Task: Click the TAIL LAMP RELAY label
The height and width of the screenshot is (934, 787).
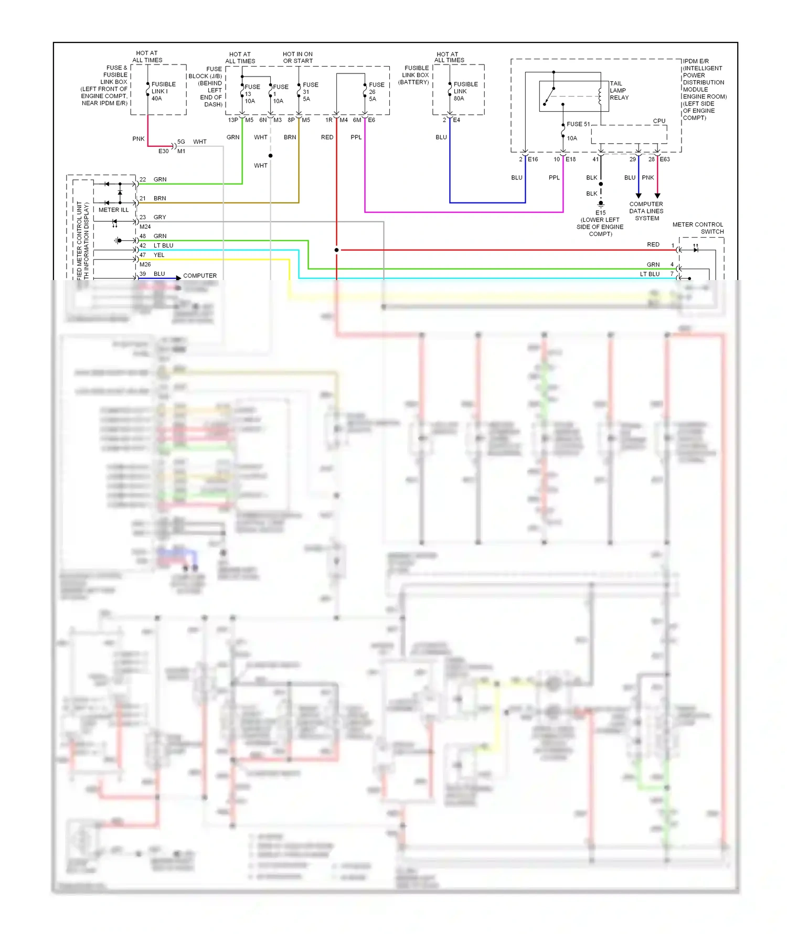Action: [619, 91]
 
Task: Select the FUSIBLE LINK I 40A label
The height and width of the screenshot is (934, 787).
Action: [163, 91]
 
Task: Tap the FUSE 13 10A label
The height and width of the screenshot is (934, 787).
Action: [251, 94]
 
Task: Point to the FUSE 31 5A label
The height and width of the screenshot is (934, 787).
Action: [310, 92]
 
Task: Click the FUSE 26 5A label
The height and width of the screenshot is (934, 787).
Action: [376, 92]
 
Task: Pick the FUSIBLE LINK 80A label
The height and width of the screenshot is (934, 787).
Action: [465, 91]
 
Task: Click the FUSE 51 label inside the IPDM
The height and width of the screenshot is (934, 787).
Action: [578, 124]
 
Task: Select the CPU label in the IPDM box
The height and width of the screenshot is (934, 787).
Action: [659, 121]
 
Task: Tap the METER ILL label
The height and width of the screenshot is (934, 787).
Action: [113, 210]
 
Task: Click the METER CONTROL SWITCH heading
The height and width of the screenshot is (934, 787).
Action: [698, 228]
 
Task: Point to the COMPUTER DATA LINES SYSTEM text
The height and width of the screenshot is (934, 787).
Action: [646, 211]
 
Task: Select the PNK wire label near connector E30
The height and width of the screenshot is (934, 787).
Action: [139, 139]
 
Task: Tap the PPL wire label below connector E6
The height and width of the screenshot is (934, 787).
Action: [356, 137]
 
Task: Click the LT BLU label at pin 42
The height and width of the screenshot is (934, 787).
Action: [163, 245]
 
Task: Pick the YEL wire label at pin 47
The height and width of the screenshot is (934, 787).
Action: [159, 255]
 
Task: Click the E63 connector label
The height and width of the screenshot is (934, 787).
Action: [665, 159]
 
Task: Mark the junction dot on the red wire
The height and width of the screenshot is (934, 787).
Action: [336, 250]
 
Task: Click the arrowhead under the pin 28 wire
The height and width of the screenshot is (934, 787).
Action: [657, 196]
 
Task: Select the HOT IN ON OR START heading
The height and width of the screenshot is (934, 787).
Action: [297, 58]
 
